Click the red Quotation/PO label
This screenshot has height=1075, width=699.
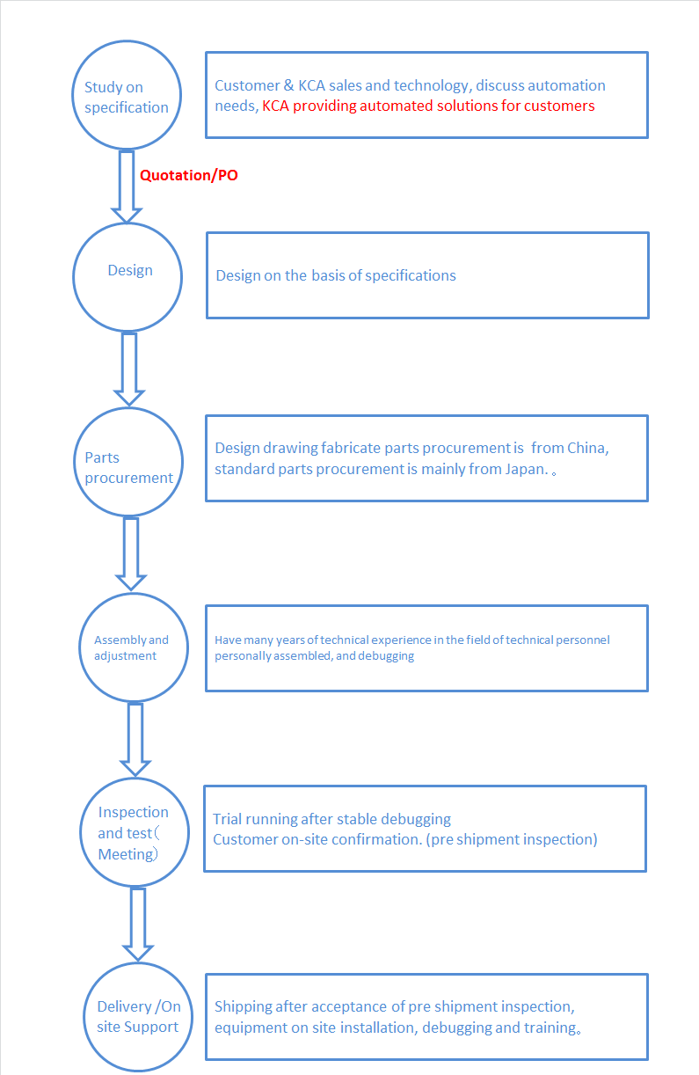188,175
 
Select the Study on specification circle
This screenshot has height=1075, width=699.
127,41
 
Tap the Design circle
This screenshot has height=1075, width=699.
127,224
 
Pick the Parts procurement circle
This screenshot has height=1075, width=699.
128,409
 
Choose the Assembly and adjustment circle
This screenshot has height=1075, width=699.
134,594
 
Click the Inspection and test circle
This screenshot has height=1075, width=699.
135,779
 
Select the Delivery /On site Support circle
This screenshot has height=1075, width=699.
138,964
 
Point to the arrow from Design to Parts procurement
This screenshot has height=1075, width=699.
129,369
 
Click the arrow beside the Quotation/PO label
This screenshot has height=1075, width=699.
127,186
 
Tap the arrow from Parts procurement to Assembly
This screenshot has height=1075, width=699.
131,554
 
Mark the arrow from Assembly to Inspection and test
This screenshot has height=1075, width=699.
135,739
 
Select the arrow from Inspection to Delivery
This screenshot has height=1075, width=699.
138,925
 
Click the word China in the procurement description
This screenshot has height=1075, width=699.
587,449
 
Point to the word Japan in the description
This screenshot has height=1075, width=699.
527,469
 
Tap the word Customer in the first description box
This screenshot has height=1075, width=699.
247,85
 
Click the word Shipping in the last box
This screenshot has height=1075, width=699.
244,1007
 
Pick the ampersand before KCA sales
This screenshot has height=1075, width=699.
288,85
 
